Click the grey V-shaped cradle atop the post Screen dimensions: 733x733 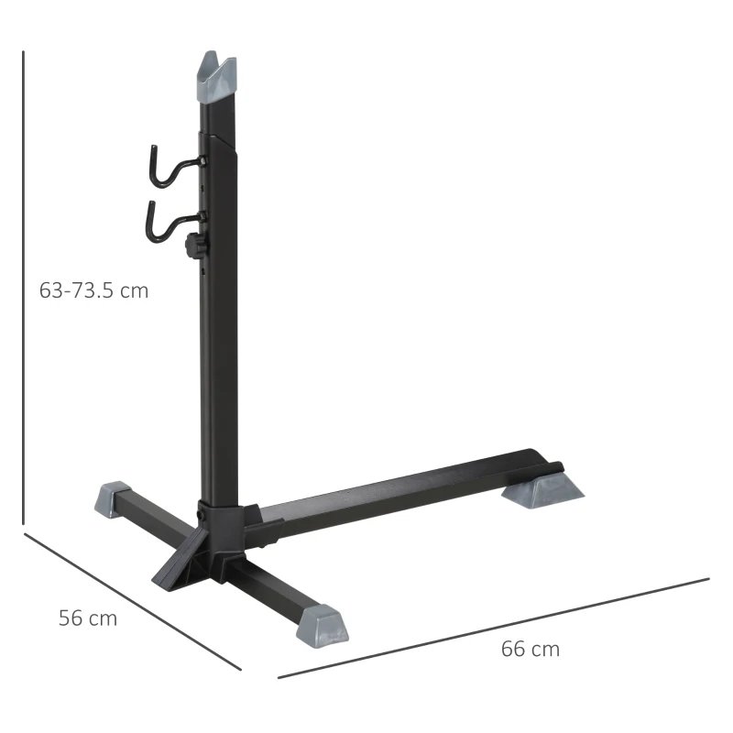click(218, 74)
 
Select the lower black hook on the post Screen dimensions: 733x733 click(163, 220)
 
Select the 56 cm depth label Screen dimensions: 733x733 click(88, 618)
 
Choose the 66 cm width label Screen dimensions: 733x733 click(530, 649)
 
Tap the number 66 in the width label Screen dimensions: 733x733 click(513, 649)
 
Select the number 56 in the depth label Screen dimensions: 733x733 click(71, 618)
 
